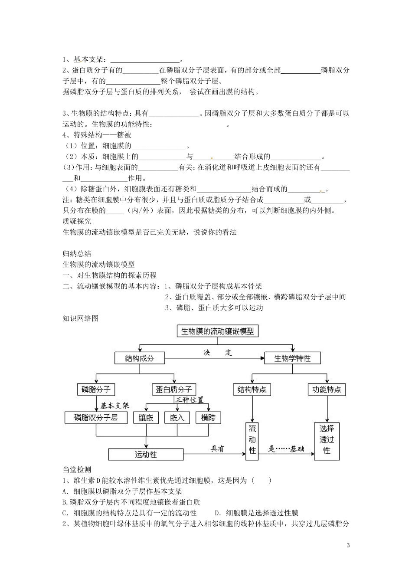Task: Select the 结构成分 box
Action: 139,358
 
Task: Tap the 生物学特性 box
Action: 292,358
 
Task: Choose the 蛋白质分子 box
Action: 173,389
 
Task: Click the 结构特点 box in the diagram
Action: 252,390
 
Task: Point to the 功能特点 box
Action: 327,390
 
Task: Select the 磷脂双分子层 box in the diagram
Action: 96,418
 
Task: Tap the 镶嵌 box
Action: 146,418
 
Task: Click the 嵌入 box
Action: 177,418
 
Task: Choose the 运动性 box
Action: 146,454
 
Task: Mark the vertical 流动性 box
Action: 252,440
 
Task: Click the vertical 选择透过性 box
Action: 327,440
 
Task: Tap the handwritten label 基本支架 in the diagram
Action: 114,406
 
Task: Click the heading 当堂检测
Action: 77,469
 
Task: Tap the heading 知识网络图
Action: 81,318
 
